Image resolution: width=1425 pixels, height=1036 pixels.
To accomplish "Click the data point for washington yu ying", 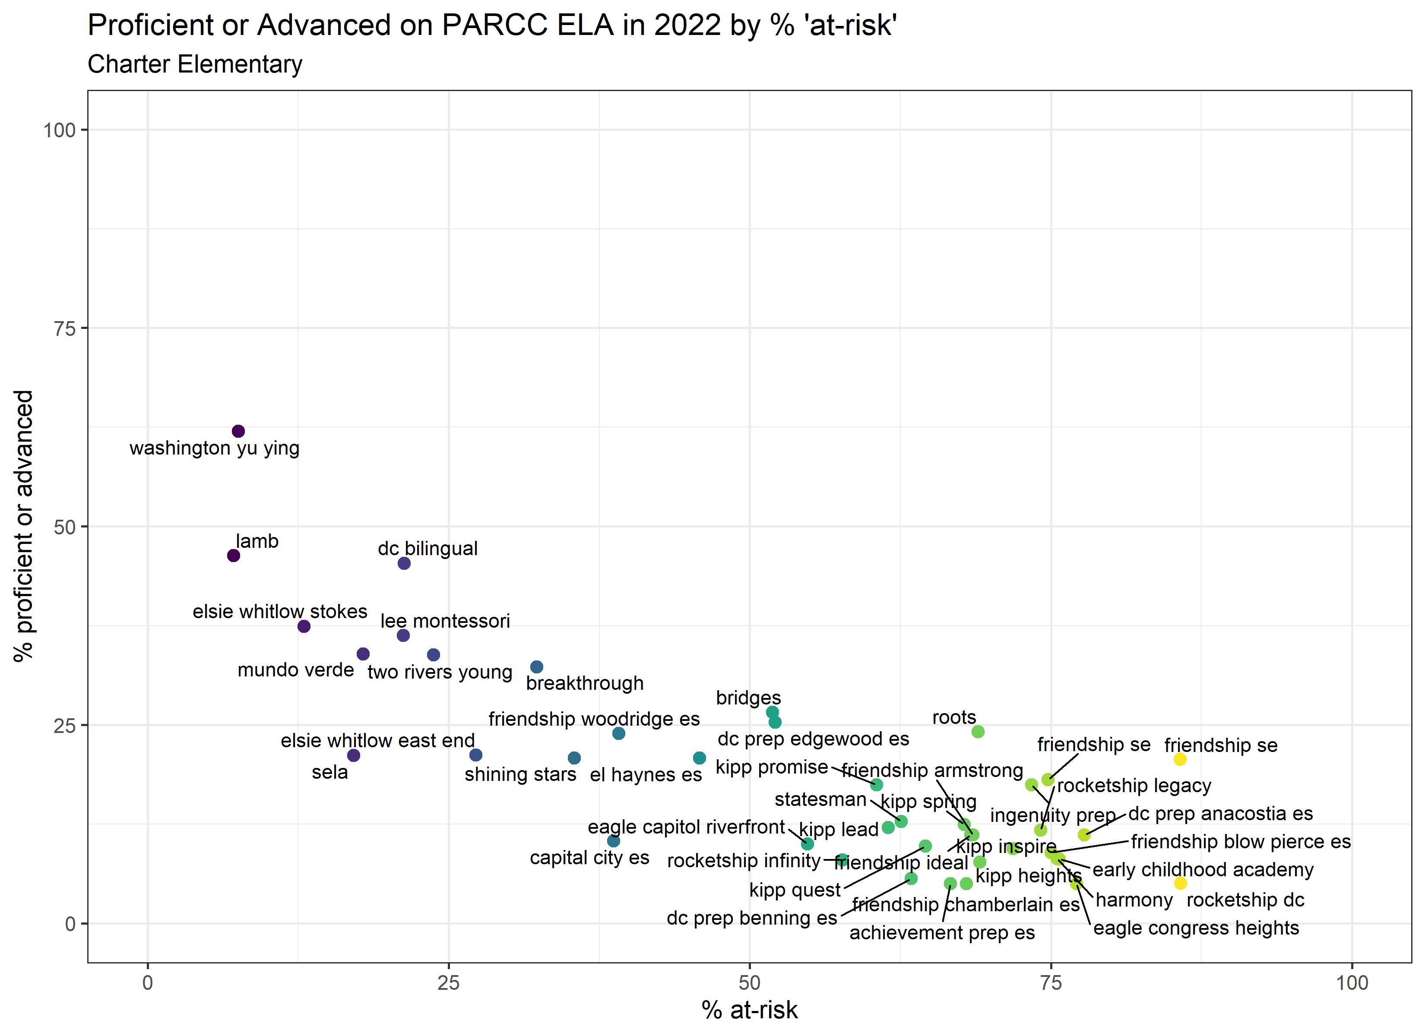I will (x=238, y=431).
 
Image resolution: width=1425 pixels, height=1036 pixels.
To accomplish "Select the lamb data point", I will (x=233, y=556).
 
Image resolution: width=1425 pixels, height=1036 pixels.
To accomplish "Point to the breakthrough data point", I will (x=537, y=666).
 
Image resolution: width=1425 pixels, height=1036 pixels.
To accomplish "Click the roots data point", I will (x=978, y=731).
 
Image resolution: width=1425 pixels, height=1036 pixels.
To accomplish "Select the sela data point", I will (x=354, y=755).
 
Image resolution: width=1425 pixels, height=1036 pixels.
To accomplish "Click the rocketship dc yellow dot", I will (x=1181, y=883).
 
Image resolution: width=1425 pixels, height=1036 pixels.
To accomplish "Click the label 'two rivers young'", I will (x=440, y=672).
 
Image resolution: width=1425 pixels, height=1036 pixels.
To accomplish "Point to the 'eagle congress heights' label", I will (x=1196, y=928).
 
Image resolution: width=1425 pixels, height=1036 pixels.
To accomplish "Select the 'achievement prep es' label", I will (x=942, y=933).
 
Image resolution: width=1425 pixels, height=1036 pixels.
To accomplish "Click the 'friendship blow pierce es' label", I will (x=1241, y=842).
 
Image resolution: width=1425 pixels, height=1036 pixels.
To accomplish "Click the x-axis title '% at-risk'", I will (x=750, y=1010).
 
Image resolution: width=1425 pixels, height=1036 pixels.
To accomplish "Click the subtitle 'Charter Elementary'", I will (x=195, y=64).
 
